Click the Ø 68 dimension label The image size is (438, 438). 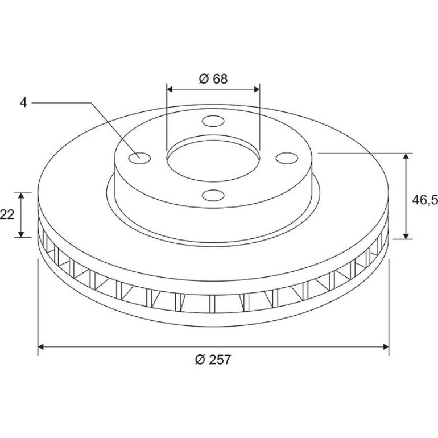click(213, 78)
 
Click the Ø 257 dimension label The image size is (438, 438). click(213, 360)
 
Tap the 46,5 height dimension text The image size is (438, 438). click(425, 200)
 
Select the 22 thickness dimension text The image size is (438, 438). click(7, 215)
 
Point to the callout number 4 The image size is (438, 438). click(23, 103)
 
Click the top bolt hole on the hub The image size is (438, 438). click(213, 121)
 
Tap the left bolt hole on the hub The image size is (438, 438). click(139, 158)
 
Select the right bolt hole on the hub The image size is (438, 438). click(287, 158)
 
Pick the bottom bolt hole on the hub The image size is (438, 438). click(213, 195)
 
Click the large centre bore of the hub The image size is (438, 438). click(213, 160)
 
